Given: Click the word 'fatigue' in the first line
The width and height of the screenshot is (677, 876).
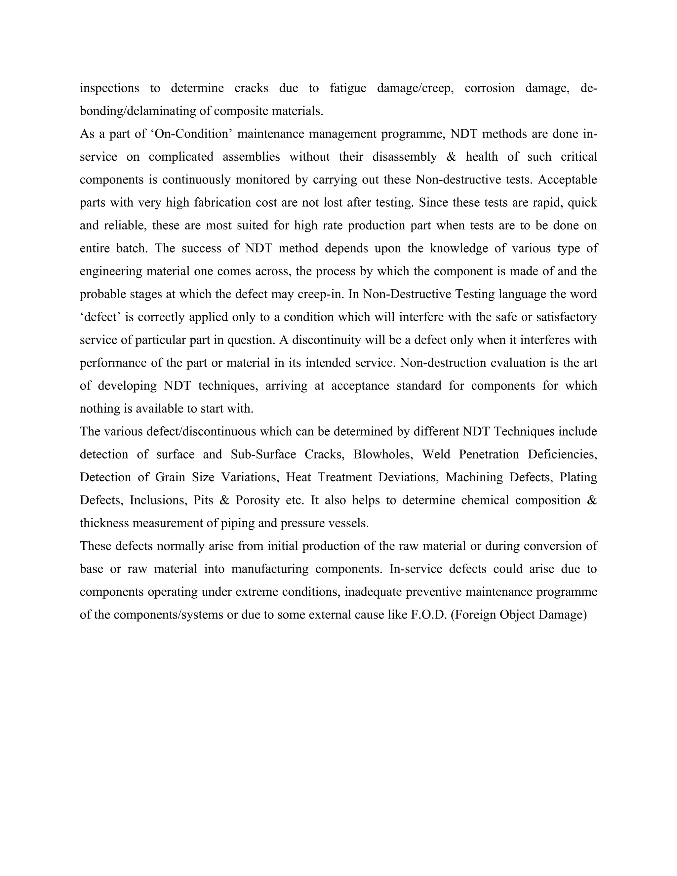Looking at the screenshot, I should pyautogui.click(x=348, y=88).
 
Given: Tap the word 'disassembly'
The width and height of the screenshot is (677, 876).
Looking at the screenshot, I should pyautogui.click(x=404, y=157).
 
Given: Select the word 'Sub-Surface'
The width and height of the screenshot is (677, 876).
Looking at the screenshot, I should pyautogui.click(x=263, y=454).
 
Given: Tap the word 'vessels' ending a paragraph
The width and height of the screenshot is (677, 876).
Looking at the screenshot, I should pyautogui.click(x=348, y=523).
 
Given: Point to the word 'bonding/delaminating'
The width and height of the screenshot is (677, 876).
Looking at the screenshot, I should pyautogui.click(x=139, y=111).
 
